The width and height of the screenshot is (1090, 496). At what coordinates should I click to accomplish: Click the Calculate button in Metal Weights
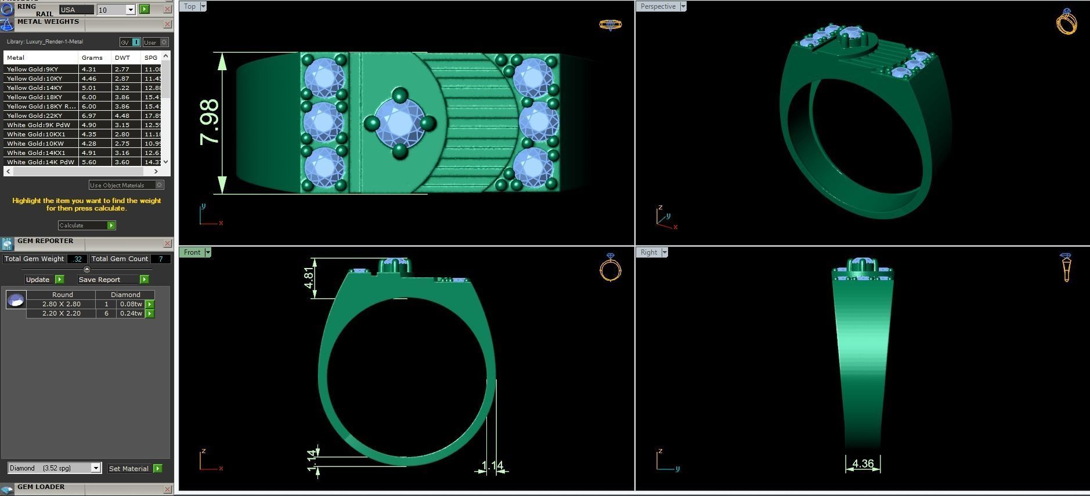(x=86, y=225)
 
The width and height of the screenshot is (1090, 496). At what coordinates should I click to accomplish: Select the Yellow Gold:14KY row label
(x=35, y=88)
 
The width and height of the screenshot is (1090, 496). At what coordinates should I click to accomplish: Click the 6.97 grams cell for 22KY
(x=89, y=115)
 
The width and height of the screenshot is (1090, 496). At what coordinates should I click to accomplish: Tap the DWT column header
(x=122, y=57)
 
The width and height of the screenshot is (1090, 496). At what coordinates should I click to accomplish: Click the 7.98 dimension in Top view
(x=210, y=122)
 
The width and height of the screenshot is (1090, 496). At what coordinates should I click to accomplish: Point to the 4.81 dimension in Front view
(x=309, y=278)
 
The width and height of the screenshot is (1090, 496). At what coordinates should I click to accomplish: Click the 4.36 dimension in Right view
(x=862, y=464)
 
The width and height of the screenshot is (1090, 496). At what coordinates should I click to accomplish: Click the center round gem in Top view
(x=400, y=123)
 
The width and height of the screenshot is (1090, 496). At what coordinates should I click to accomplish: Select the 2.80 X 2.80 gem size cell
(x=62, y=304)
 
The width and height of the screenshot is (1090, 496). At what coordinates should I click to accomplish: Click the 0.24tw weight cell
(x=131, y=313)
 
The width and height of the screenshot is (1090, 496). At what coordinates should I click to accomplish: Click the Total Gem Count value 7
(x=161, y=259)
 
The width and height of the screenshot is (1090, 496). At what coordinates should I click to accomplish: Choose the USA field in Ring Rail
(x=75, y=9)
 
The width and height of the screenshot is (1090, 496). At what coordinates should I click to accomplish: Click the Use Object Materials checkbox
(x=160, y=185)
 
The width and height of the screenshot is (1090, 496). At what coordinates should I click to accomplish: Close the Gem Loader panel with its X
(x=167, y=489)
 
